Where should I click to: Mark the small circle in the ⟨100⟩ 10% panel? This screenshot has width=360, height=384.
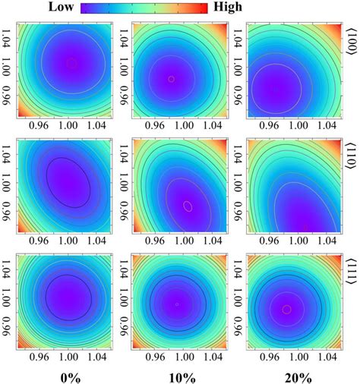pos(171,78)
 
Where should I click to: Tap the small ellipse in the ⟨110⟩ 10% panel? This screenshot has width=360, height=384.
pos(188,205)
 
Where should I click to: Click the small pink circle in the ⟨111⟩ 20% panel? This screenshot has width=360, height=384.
pos(286,309)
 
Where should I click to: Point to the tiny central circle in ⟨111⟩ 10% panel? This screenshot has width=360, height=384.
pos(176,304)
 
